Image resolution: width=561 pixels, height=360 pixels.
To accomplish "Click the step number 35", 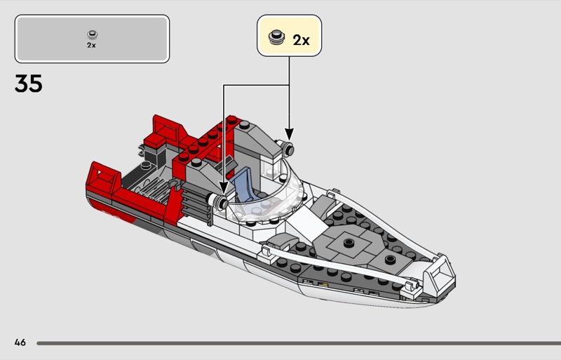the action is pyautogui.click(x=29, y=84).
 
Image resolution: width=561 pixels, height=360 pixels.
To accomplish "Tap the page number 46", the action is pyautogui.click(x=20, y=342).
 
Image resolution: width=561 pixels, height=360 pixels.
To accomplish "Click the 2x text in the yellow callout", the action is pyautogui.click(x=301, y=40).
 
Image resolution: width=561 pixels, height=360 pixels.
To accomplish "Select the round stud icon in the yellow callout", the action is pyautogui.click(x=276, y=37).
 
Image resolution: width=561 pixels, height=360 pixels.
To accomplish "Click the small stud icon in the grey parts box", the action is pyautogui.click(x=93, y=35).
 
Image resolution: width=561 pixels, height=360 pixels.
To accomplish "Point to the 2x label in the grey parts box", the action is pyautogui.click(x=91, y=45).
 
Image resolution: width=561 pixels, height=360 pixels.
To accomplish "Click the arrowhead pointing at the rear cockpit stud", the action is pyautogui.click(x=289, y=134).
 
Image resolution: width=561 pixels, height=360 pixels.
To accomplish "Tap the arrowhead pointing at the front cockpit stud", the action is pyautogui.click(x=224, y=187).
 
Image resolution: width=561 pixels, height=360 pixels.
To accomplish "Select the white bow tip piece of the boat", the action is pyautogui.click(x=440, y=276).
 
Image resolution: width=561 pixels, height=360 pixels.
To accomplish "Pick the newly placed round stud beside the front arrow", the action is pyautogui.click(x=219, y=201).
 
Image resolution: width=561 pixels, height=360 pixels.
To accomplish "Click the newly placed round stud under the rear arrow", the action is pyautogui.click(x=287, y=149).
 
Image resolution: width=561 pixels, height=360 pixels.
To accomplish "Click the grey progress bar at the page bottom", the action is pyautogui.click(x=299, y=343).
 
